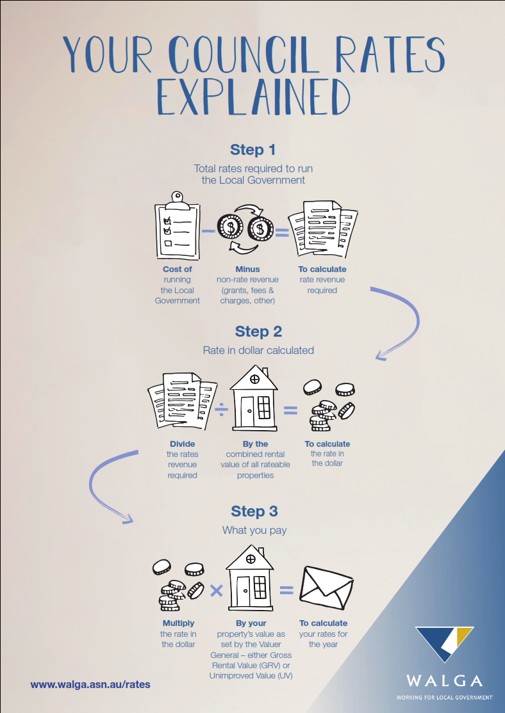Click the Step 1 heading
tap(252, 150)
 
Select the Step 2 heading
tap(258, 332)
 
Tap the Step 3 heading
tap(254, 511)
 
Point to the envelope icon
tap(326, 588)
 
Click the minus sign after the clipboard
tap(208, 231)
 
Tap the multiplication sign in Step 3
tap(217, 591)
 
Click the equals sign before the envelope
tap(286, 590)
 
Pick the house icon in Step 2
tap(254, 398)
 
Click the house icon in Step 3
tap(250, 577)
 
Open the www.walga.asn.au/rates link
tap(90, 684)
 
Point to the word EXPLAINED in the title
tap(253, 97)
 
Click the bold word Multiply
tap(179, 623)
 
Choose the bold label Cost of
tap(178, 269)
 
